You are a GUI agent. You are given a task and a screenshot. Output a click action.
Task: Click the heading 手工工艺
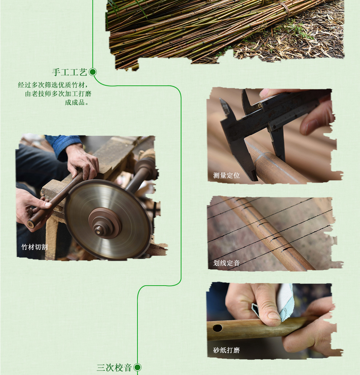click(x=69, y=72)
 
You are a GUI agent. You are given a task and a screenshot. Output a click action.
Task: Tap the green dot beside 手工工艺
click(x=93, y=72)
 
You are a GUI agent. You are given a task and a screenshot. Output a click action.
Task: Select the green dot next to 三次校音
click(x=137, y=367)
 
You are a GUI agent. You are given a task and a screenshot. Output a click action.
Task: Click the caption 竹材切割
click(x=35, y=247)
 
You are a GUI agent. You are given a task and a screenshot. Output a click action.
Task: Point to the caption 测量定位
click(x=227, y=176)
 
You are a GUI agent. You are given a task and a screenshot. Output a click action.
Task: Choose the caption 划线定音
click(x=227, y=263)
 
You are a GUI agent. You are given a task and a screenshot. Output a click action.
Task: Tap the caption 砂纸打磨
click(x=227, y=350)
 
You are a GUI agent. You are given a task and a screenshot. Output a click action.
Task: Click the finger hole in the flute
click(x=217, y=328)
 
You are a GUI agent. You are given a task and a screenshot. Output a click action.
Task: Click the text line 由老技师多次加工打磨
click(x=58, y=94)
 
